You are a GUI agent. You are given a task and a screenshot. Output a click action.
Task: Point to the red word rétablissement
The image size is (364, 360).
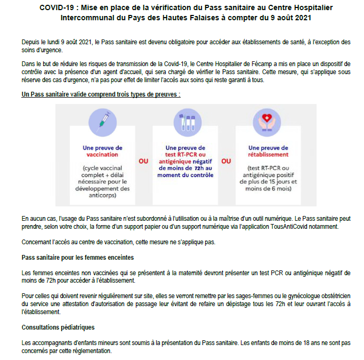268,155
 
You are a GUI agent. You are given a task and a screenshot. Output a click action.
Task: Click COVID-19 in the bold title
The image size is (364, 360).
58,8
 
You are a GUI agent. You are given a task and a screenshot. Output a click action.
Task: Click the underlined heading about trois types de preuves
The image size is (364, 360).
101,94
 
